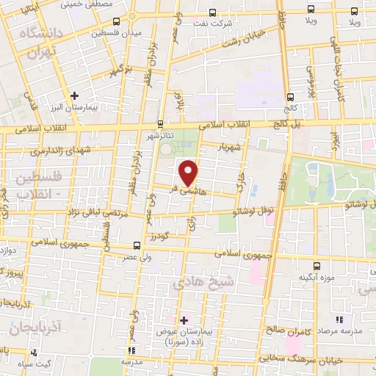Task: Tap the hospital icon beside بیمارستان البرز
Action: [75, 95]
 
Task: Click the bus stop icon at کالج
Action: [292, 96]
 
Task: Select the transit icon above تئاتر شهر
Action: [161, 123]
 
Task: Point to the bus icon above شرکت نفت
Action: [212, 12]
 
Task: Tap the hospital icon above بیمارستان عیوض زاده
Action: [184, 320]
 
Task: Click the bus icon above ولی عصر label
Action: [136, 246]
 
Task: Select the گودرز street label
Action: [158, 234]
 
